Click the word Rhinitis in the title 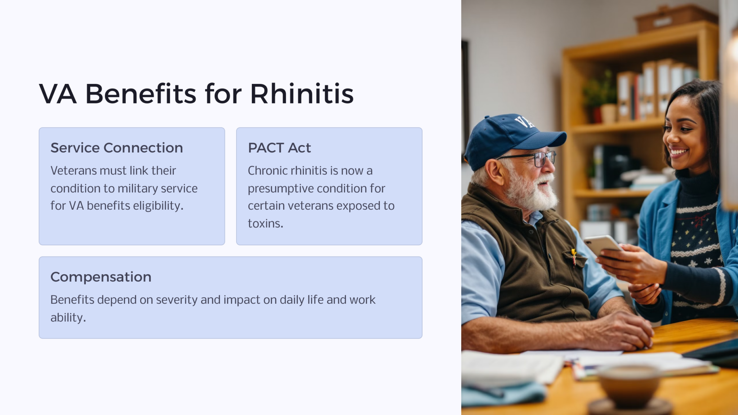click(302, 94)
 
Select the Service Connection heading click(116, 148)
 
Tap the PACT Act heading click(279, 148)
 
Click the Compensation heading click(101, 277)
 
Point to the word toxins click(265, 223)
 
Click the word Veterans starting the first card click(74, 170)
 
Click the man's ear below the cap click(497, 172)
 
